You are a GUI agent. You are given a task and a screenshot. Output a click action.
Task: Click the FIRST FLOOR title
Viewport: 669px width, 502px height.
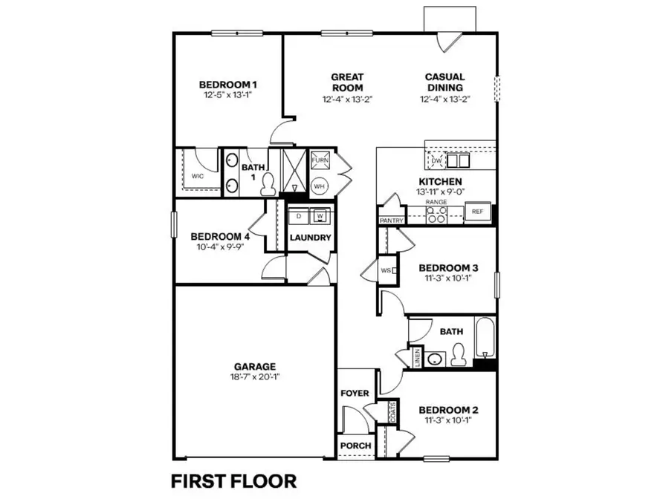tap(234, 480)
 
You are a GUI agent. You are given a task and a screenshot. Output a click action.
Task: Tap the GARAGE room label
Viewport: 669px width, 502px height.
tap(255, 366)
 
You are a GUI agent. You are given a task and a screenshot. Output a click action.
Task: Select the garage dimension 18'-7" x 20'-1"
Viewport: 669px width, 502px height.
tap(255, 376)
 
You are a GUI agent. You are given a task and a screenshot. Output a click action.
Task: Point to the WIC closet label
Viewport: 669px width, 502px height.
tap(197, 177)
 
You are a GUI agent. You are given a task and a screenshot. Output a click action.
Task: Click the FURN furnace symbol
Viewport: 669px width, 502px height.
tap(320, 160)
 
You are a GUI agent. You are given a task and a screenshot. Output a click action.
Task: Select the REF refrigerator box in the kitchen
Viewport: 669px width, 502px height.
tap(476, 212)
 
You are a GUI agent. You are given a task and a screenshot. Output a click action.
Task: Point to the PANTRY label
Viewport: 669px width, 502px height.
tap(391, 221)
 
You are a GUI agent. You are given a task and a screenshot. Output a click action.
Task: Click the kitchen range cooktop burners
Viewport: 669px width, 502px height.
tap(436, 215)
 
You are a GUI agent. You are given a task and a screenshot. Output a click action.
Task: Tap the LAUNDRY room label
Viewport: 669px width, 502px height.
tap(310, 238)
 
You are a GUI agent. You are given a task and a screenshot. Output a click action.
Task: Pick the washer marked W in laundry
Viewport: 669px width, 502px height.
tap(320, 216)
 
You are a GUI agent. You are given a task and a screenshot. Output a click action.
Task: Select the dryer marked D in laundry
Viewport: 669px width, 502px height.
tap(299, 216)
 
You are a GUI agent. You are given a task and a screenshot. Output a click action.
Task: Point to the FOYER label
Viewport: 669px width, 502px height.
tap(355, 393)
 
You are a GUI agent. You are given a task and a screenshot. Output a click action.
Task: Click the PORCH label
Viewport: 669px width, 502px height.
tap(355, 446)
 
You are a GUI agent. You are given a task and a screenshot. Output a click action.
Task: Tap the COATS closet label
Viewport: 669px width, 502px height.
tap(391, 409)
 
